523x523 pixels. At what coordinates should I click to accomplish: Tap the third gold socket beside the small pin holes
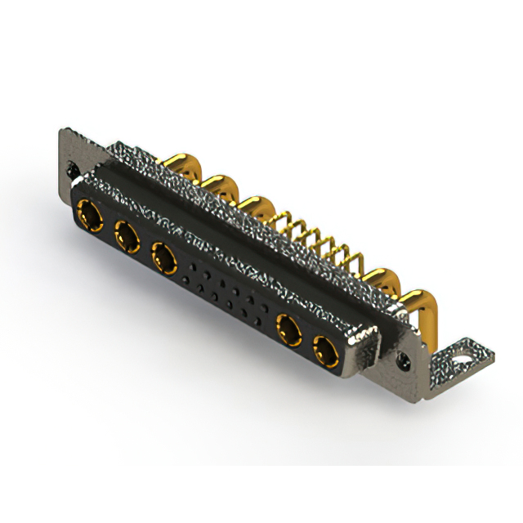pyautogui.click(x=164, y=259)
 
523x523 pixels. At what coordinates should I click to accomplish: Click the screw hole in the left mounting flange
pyautogui.click(x=73, y=170)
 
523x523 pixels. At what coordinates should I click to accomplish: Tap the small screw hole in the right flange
pyautogui.click(x=402, y=357)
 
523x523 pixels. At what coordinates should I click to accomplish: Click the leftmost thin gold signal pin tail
pyautogui.click(x=284, y=219)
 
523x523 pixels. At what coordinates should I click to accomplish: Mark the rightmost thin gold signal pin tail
pyautogui.click(x=353, y=260)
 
